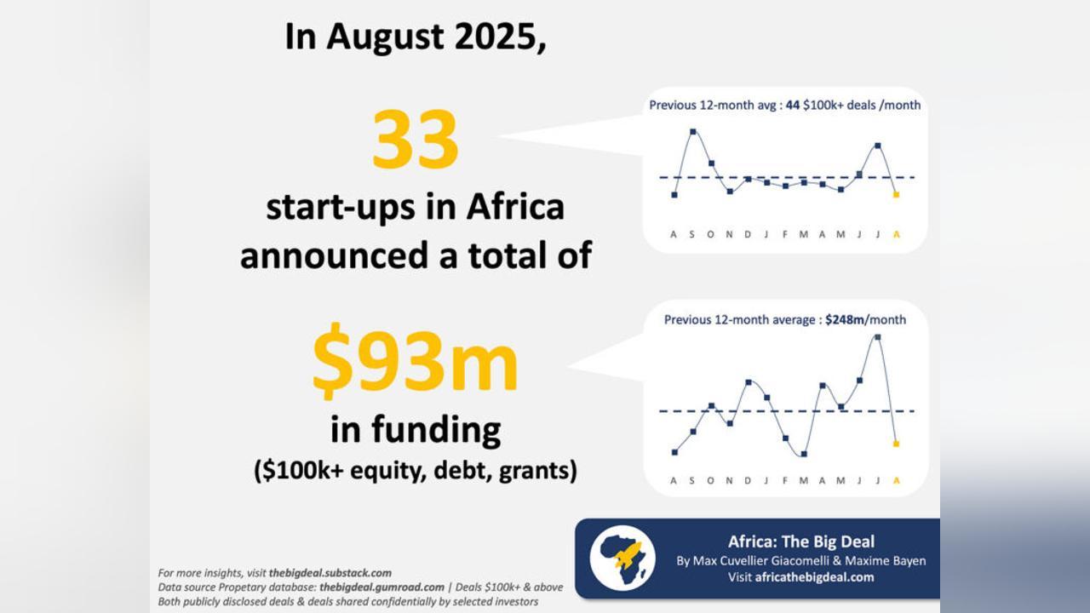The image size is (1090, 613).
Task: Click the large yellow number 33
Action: [415, 139]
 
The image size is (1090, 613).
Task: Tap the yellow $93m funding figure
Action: [415, 360]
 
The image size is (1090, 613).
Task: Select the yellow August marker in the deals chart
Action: [897, 195]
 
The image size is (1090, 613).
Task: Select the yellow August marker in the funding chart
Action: [897, 444]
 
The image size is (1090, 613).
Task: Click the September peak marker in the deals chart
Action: [693, 131]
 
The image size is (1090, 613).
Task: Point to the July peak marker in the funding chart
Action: [878, 336]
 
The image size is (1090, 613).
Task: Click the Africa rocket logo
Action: [622, 558]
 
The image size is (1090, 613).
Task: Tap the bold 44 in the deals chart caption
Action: [793, 105]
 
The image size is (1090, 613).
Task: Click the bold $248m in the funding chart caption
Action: [846, 319]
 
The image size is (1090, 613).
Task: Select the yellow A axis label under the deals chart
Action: [897, 234]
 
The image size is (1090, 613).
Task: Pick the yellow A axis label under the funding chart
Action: [897, 481]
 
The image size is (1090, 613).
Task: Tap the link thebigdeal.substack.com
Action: [330, 573]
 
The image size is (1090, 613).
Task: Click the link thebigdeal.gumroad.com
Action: [382, 587]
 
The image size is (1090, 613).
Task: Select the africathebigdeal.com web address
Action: [815, 577]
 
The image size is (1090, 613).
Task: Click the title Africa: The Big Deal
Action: [801, 541]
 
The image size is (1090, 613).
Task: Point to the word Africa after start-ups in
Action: [515, 207]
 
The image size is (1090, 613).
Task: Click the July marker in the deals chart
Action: [878, 146]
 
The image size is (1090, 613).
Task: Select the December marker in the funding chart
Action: [749, 382]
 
